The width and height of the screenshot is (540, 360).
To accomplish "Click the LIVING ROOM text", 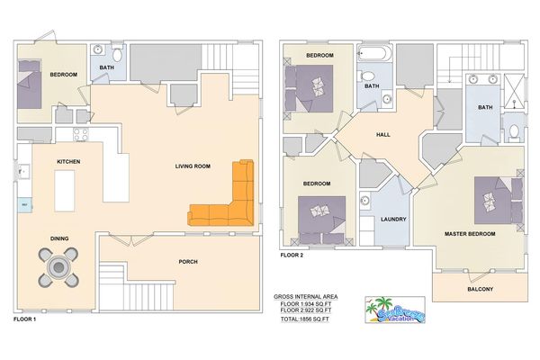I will click(193, 166).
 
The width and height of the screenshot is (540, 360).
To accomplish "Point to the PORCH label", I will click(188, 262).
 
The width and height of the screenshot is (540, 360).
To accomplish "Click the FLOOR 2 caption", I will click(292, 255).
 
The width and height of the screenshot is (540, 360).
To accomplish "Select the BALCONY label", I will click(480, 288).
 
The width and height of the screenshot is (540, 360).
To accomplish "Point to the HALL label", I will click(382, 134).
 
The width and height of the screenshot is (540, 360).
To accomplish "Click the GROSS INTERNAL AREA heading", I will click(307, 296).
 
